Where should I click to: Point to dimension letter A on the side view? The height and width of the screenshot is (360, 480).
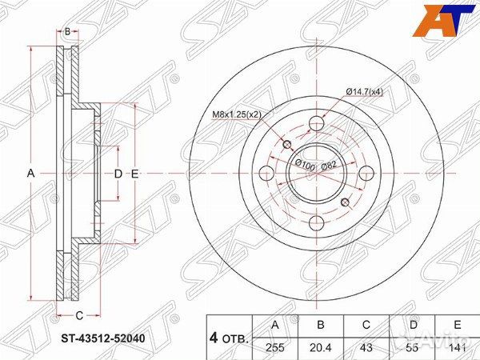pyautogui.click(x=31, y=173)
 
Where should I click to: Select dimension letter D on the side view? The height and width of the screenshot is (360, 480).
pyautogui.click(x=117, y=173)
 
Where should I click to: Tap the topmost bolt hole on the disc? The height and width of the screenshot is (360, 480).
pyautogui.click(x=317, y=123)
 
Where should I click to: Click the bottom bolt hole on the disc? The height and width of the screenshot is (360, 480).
pyautogui.click(x=316, y=222)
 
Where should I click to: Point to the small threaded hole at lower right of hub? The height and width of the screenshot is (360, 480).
pyautogui.click(x=346, y=202)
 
